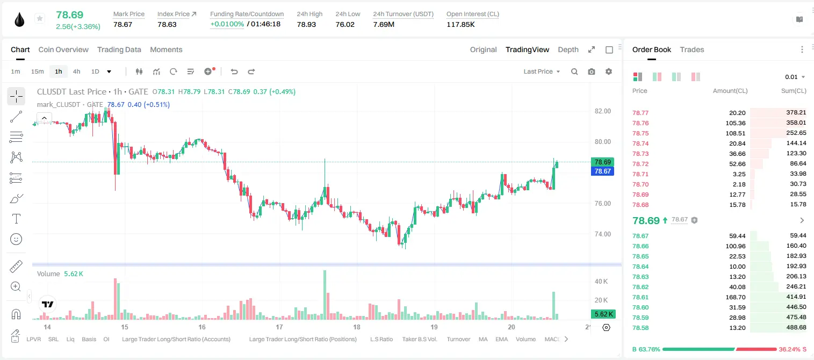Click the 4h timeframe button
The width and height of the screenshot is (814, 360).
[76, 71]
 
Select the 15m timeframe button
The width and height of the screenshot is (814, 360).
[38, 71]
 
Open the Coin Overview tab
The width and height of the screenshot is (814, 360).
[63, 50]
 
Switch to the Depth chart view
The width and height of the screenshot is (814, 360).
[568, 50]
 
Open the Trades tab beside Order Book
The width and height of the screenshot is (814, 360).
[692, 50]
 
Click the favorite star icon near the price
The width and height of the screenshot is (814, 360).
[40, 18]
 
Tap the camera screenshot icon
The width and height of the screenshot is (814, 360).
[592, 71]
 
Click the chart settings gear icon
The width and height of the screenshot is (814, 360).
[609, 71]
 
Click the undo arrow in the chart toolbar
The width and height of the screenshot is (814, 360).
[234, 71]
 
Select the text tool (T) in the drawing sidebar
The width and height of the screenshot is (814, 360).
[16, 219]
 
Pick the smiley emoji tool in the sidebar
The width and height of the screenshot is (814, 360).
[16, 239]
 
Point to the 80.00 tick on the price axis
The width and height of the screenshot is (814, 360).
[602, 142]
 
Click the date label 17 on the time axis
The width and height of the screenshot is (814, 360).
[279, 327]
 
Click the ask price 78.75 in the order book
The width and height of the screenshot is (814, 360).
[640, 133]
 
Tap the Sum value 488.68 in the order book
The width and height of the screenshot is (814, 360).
[796, 328]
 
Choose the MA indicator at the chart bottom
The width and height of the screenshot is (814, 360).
[483, 339]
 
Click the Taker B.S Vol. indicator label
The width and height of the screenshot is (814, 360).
[420, 339]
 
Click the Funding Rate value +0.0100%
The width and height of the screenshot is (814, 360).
[227, 24]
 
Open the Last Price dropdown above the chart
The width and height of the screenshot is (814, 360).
[542, 71]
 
